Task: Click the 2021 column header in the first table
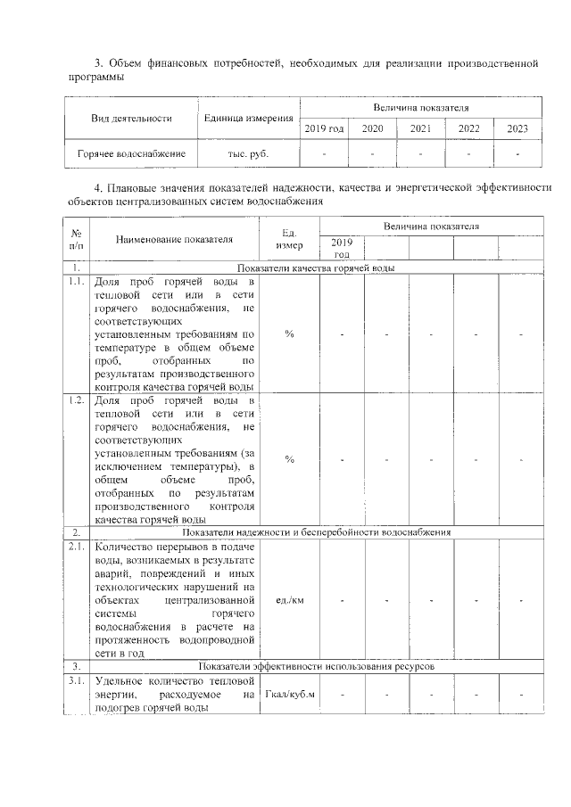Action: (x=420, y=128)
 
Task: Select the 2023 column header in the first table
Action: (x=517, y=128)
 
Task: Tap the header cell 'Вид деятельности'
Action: (x=131, y=119)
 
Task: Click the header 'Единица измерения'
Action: (x=248, y=119)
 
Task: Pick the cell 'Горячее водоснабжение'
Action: (x=131, y=153)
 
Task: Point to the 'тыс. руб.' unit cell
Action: (x=248, y=153)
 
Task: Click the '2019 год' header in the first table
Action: (x=324, y=128)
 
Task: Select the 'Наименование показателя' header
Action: (x=173, y=239)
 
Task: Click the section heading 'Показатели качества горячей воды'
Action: (x=316, y=268)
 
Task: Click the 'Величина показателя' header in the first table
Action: (x=420, y=108)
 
